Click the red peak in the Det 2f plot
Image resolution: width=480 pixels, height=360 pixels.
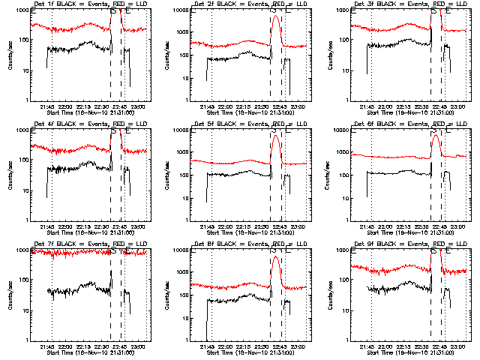coord(276,16)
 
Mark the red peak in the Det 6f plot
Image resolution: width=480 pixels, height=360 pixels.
coord(436,136)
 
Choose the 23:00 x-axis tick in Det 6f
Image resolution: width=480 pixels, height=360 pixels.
coord(460,226)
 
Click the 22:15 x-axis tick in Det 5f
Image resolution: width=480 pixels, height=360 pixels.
coord(244,226)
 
